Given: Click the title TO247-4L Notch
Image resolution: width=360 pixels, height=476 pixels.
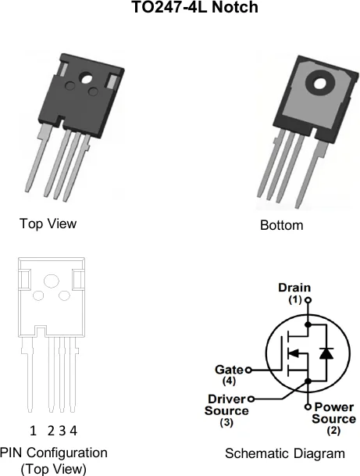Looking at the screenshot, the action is [x=195, y=7].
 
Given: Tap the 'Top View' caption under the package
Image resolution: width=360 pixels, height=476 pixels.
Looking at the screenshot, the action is [x=48, y=224].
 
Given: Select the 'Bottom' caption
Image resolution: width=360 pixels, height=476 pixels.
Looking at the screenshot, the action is [x=281, y=225].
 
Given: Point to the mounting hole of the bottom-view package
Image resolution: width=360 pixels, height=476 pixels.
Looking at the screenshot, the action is [x=319, y=83].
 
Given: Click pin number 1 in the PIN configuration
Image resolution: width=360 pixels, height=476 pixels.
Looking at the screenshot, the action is [x=33, y=431].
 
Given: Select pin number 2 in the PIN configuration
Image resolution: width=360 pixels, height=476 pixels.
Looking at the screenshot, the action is [x=51, y=431].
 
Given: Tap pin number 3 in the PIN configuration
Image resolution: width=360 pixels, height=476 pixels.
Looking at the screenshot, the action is [x=62, y=431].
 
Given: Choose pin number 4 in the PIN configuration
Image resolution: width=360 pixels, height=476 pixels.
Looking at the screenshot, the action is [x=73, y=431].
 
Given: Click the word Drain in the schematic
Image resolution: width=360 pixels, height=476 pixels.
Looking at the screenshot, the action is [x=294, y=288].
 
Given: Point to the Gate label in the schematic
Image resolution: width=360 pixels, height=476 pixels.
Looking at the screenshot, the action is [x=229, y=370].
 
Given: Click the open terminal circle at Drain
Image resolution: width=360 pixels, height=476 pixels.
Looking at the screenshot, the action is [x=308, y=300].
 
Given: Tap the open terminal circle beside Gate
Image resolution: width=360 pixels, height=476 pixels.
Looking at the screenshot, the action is [x=248, y=370].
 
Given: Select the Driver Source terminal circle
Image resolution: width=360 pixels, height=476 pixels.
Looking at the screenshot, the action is [x=251, y=399].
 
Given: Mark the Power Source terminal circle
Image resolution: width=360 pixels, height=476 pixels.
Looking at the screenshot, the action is [x=308, y=406].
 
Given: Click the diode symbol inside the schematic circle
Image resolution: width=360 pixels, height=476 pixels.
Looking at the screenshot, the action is [x=326, y=353].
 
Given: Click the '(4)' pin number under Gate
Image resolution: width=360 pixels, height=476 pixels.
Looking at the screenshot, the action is [x=229, y=381].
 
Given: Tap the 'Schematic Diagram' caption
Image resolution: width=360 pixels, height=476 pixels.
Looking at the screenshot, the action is [x=285, y=453].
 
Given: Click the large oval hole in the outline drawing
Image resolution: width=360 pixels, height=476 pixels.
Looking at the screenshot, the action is [x=52, y=281].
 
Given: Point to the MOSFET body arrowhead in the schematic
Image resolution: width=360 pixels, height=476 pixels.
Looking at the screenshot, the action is [x=294, y=353].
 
